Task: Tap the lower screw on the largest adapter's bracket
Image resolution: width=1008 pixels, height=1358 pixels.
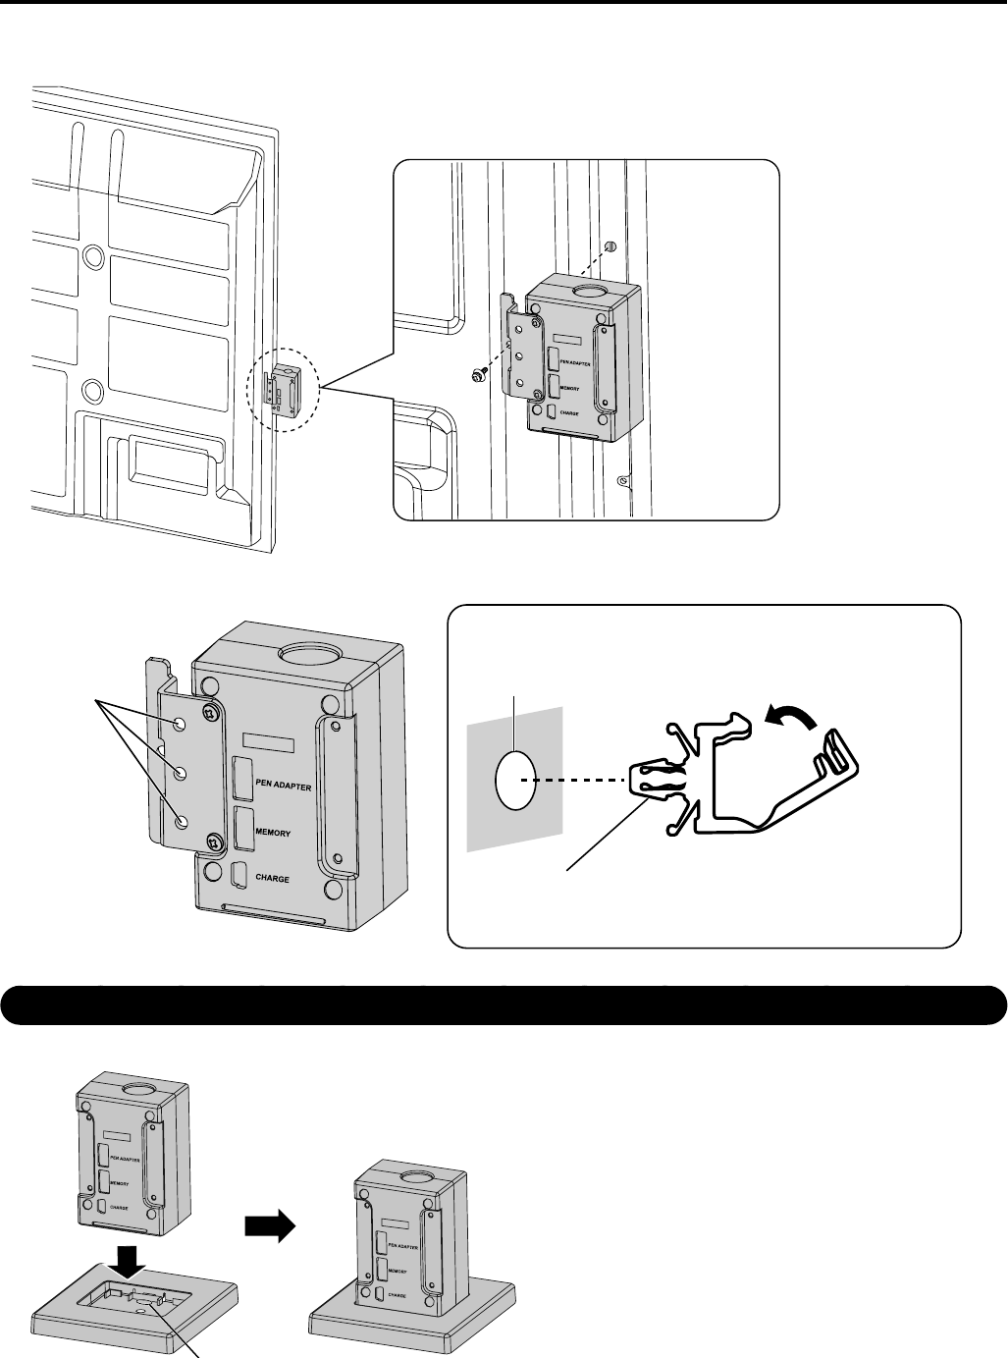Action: [x=215, y=841]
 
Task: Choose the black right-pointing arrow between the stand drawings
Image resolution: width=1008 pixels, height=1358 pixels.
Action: [x=269, y=1227]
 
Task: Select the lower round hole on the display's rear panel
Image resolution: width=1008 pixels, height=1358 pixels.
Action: [x=92, y=391]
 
